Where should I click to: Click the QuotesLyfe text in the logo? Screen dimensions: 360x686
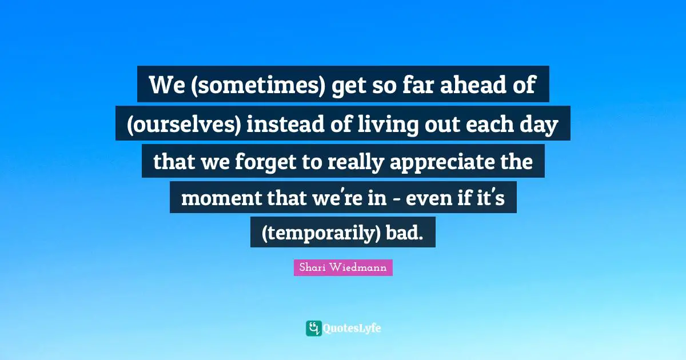coord(352,329)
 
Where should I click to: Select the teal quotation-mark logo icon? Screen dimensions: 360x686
coord(313,328)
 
